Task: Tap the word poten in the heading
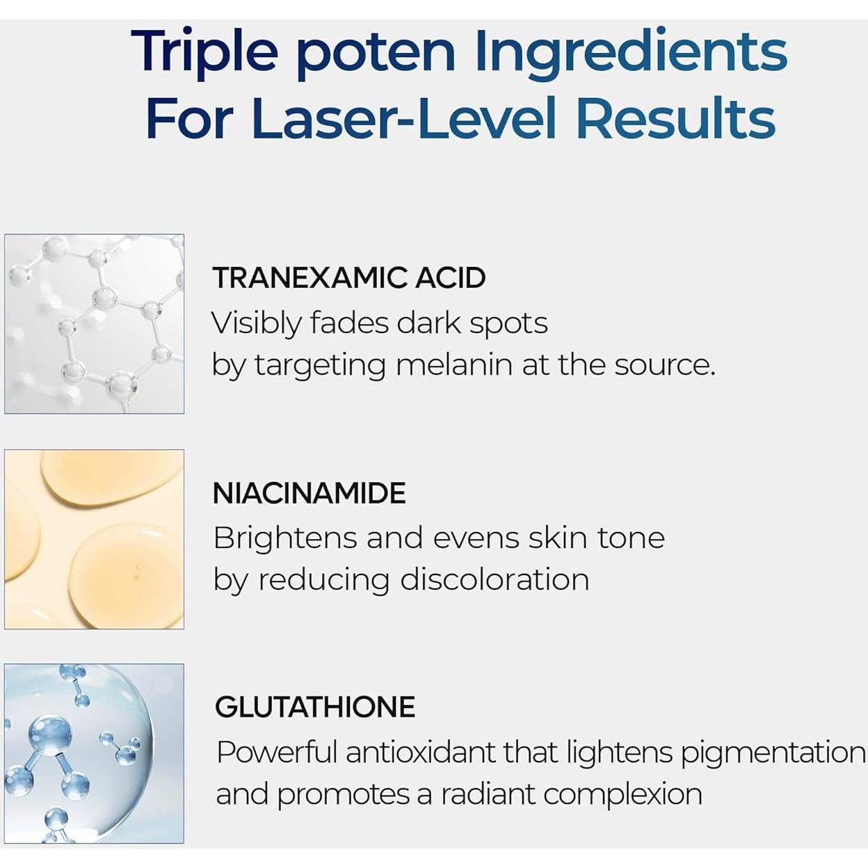pyautogui.click(x=376, y=53)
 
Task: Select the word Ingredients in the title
pyautogui.click(x=631, y=53)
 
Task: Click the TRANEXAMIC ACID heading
pyautogui.click(x=348, y=278)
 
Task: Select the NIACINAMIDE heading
pyautogui.click(x=309, y=493)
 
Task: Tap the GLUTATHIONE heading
pyautogui.click(x=315, y=707)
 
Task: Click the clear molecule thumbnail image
pyautogui.click(x=95, y=324)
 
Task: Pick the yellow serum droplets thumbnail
pyautogui.click(x=95, y=539)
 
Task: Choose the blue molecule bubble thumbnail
pyautogui.click(x=95, y=753)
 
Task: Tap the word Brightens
pyautogui.click(x=284, y=538)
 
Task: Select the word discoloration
pyautogui.click(x=495, y=579)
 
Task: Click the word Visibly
pyautogui.click(x=256, y=323)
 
